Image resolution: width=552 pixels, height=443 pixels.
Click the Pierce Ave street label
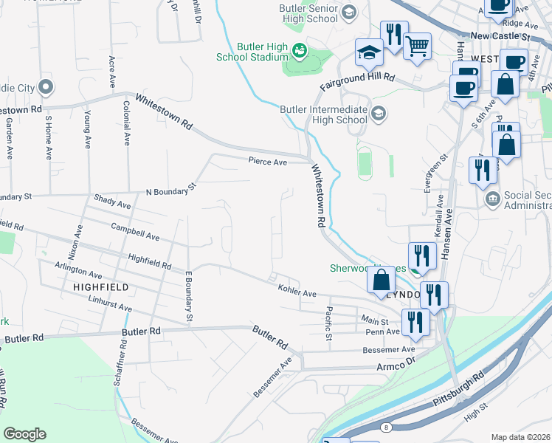[267, 161]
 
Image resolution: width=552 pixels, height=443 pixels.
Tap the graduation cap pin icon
[369, 52]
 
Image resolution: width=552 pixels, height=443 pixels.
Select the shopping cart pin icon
[418, 46]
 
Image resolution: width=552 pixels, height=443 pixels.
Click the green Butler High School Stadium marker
[300, 51]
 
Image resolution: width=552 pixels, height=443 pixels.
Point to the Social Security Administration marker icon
[491, 199]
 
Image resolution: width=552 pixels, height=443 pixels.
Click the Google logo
[24, 434]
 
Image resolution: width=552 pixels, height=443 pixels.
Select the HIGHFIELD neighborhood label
[101, 286]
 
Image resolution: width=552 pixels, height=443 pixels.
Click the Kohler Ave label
[297, 290]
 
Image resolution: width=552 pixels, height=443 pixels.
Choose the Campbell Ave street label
[135, 233]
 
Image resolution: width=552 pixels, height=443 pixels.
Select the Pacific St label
[328, 325]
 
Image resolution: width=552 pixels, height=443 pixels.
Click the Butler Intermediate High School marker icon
[379, 113]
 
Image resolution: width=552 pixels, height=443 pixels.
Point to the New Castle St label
[500, 35]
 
